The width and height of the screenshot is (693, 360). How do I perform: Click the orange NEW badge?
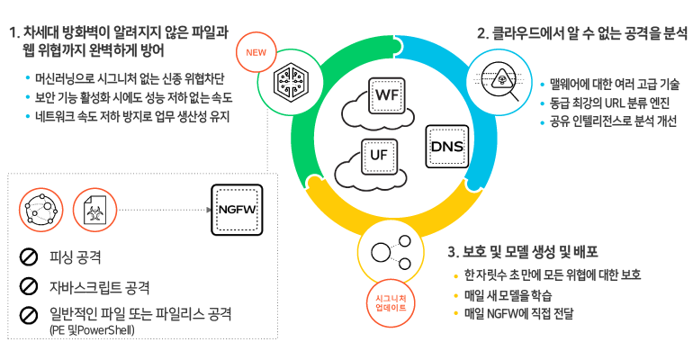click(256, 51)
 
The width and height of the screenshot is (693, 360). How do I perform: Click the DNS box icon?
click(445, 146)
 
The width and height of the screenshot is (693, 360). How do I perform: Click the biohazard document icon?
click(89, 209)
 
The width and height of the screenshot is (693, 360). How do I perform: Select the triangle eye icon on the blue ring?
click(499, 78)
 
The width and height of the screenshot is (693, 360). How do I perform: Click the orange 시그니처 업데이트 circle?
click(390, 302)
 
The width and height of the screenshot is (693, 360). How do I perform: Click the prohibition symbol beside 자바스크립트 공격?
click(28, 287)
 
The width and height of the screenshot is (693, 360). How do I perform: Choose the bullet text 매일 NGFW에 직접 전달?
click(520, 314)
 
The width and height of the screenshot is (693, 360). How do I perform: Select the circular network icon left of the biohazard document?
click(40, 209)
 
